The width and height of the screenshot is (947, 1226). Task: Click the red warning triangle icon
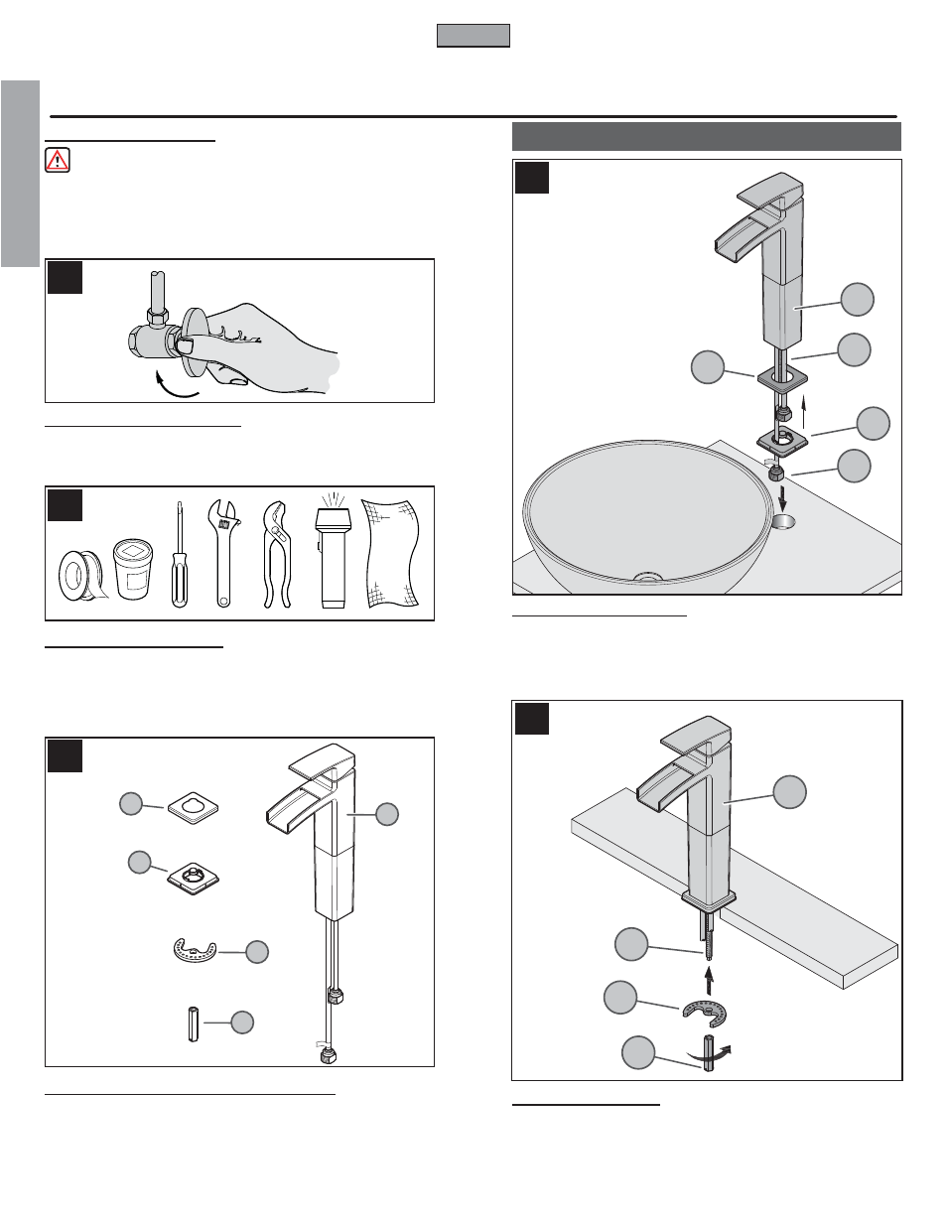[x=58, y=160]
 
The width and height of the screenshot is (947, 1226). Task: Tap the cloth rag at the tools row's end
[x=391, y=554]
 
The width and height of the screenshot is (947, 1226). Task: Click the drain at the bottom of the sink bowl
[x=646, y=576]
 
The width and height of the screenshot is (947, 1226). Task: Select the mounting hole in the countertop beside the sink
[x=783, y=521]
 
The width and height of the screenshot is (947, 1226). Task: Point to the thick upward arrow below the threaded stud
[x=709, y=980]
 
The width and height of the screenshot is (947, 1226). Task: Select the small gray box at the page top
[x=473, y=36]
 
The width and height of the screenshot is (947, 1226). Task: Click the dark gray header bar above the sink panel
[x=706, y=136]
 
